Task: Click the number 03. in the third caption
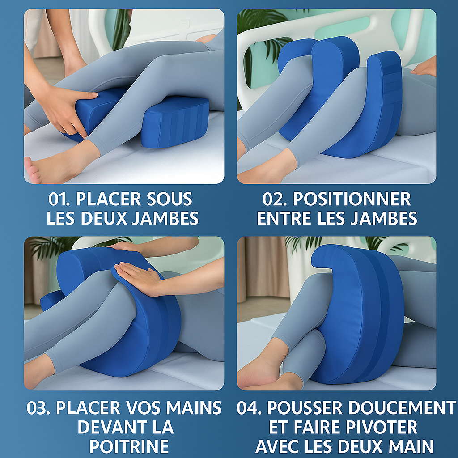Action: pos(39,408)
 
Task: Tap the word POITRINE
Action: pos(129,446)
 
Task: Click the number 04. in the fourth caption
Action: pos(250,408)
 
